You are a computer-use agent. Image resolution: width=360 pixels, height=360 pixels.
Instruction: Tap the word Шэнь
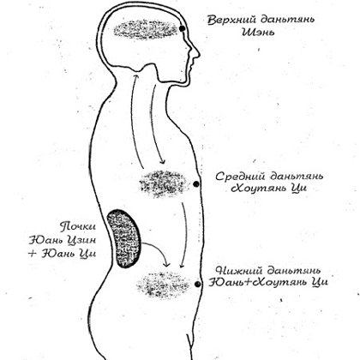[x=258, y=32]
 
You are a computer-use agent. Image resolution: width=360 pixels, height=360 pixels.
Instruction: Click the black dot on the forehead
[x=182, y=28]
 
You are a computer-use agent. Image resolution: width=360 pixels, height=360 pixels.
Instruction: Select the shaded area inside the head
[x=146, y=29]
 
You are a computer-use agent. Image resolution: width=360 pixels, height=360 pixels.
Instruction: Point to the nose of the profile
[x=197, y=53]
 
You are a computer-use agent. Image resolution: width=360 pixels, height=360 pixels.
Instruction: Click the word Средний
[x=240, y=177]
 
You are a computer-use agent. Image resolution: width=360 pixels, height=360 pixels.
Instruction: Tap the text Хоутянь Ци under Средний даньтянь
[x=268, y=189]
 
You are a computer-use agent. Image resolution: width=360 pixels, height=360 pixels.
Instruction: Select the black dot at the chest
[x=196, y=184]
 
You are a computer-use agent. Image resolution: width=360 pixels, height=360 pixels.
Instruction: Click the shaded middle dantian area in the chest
[x=163, y=183]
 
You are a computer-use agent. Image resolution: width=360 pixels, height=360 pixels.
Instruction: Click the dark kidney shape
[x=124, y=239]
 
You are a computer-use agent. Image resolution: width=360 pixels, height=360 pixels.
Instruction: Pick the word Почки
[x=77, y=227]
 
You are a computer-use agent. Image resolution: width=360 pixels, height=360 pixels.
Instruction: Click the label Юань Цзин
[x=63, y=240]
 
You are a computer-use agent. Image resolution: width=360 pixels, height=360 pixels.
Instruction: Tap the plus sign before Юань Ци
[x=32, y=254]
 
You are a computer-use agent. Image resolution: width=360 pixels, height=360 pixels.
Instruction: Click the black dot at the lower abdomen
[x=197, y=284]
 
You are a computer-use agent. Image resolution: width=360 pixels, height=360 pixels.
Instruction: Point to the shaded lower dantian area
[x=163, y=285]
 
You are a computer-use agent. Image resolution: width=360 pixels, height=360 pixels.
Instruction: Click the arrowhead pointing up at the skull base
[x=135, y=76]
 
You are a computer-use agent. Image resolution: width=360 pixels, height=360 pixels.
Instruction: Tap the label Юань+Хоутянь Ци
[x=268, y=283]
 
